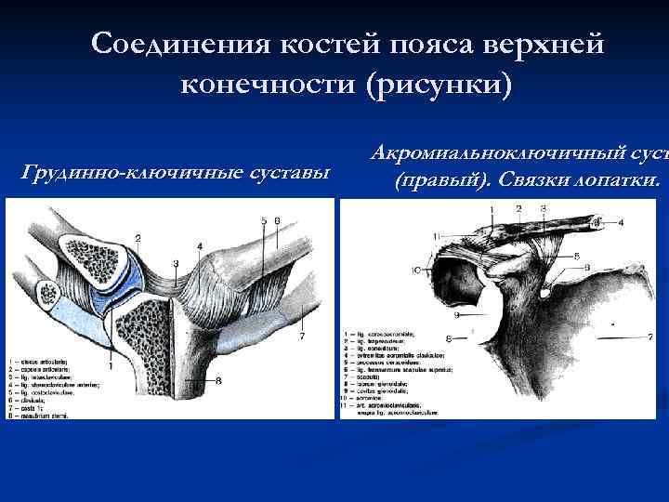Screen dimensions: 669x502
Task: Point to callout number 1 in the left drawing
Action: click(x=111, y=366)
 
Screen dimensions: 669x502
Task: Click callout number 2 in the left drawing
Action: click(x=138, y=239)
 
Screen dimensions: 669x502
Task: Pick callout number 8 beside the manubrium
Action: click(x=217, y=379)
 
